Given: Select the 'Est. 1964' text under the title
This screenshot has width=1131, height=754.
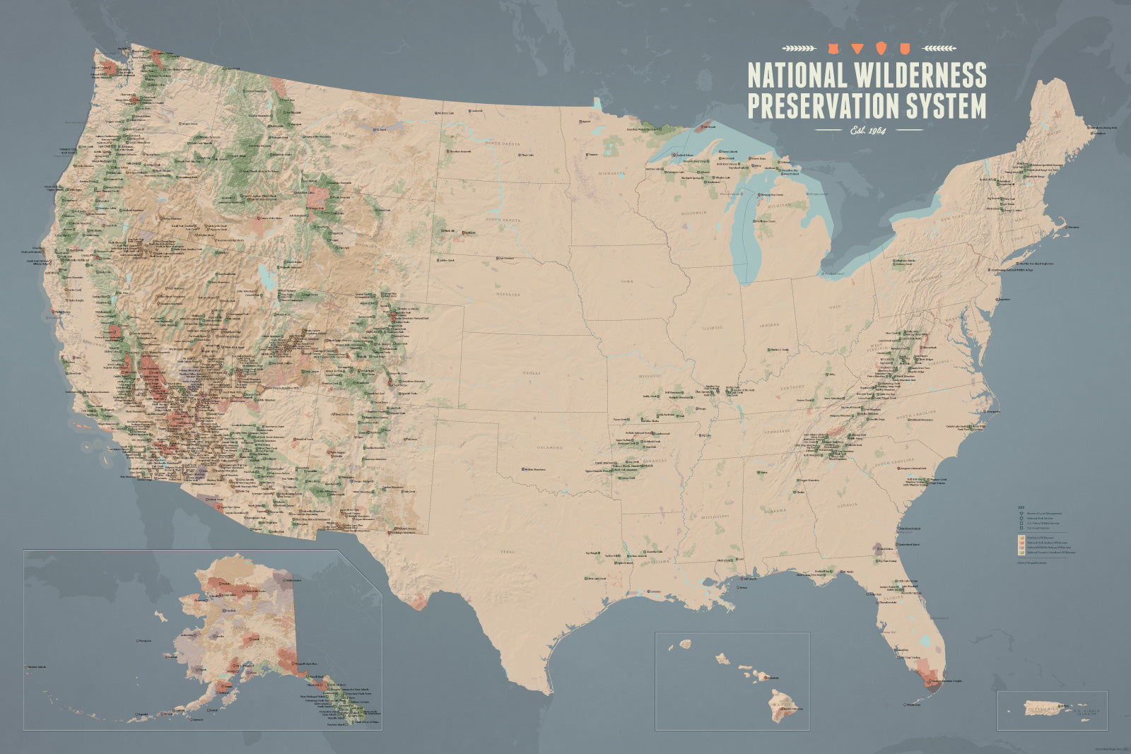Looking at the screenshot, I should click(x=869, y=130).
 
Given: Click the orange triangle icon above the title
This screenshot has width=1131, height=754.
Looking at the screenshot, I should click(x=857, y=49).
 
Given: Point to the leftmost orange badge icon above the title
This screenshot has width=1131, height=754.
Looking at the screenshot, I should click(x=833, y=49).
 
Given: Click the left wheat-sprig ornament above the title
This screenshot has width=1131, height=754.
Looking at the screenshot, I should click(x=799, y=49).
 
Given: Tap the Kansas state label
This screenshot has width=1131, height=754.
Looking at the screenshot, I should click(x=532, y=372).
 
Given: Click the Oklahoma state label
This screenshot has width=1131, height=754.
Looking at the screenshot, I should click(x=549, y=447).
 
